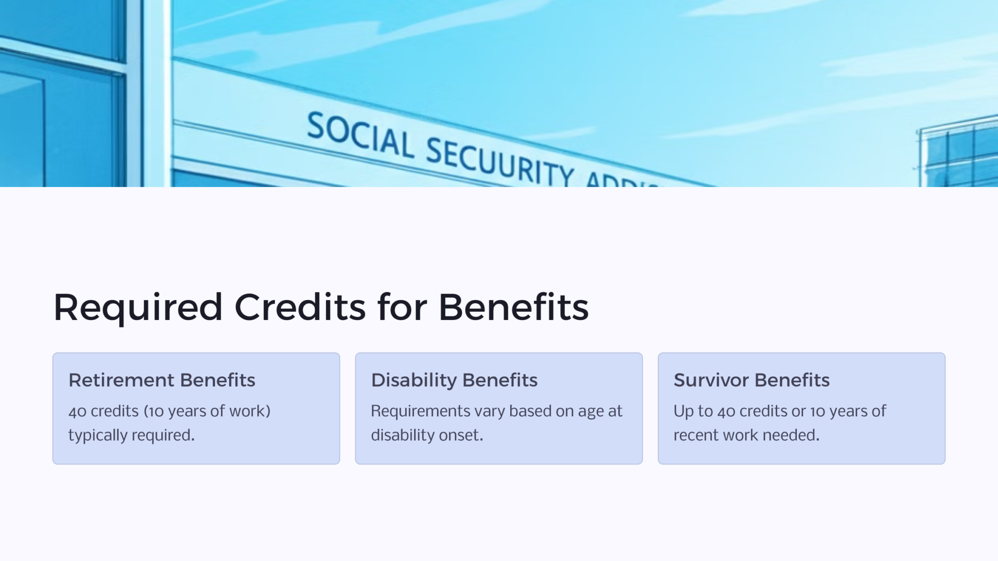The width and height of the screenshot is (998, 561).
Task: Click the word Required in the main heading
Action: [138, 308]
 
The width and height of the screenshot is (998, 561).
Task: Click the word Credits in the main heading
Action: [300, 308]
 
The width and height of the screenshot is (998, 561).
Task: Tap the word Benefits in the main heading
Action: [513, 308]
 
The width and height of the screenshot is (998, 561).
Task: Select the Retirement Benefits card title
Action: [162, 380]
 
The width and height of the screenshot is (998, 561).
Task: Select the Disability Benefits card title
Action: [454, 380]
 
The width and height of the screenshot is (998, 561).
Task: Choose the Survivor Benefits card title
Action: [751, 380]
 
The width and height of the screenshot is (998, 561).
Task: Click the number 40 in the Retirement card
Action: [77, 411]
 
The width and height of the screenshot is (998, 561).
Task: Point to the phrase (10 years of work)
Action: [207, 411]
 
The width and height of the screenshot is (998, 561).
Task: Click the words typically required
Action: [131, 435]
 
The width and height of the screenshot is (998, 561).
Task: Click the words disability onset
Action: [427, 435]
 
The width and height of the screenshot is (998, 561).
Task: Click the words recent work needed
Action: [746, 435]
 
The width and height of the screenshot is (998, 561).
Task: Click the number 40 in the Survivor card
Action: [726, 411]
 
